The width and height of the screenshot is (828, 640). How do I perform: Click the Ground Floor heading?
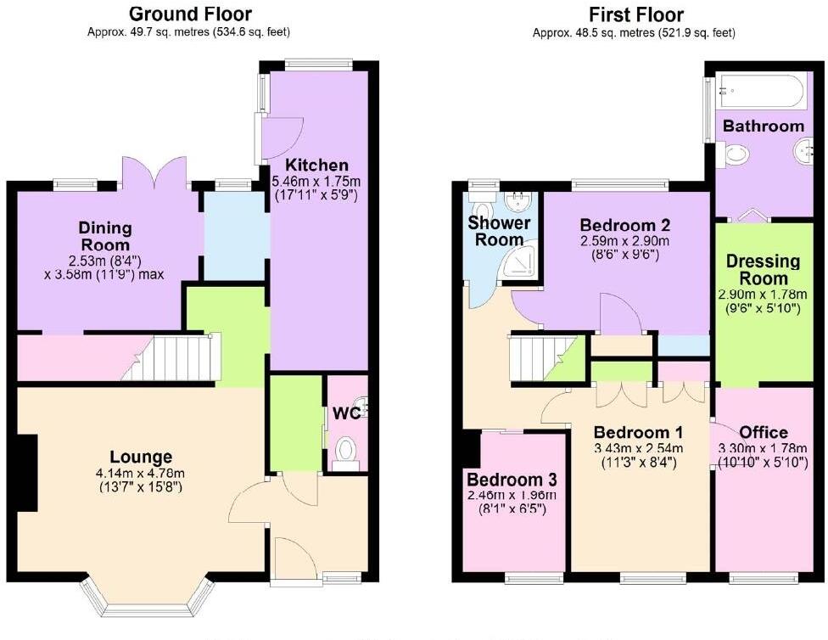point(189,14)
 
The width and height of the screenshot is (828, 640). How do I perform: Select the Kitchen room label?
point(316,165)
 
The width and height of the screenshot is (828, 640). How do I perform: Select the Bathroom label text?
point(763,126)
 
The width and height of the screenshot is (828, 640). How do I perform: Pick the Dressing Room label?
point(757,270)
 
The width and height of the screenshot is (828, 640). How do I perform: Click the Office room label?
point(764,432)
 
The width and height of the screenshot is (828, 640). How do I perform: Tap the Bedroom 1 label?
point(639,429)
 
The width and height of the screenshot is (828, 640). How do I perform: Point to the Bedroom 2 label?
point(625,225)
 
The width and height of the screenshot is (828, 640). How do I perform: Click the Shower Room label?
point(500,231)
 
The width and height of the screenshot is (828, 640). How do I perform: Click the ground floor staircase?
point(178,358)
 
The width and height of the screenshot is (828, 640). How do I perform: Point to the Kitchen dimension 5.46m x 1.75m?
point(316,181)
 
